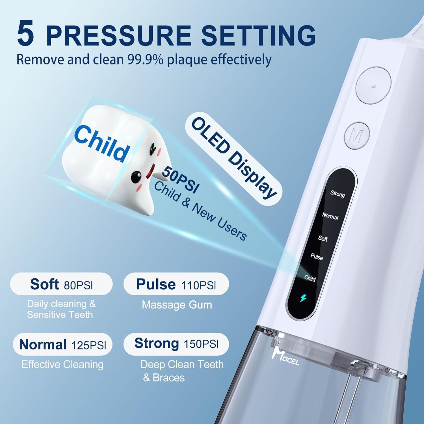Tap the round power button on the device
tap(373, 85)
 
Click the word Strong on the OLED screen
tap(338, 194)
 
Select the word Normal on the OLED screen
tap(330, 216)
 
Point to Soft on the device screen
tap(323, 239)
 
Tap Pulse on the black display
tap(317, 257)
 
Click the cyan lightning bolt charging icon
tap(303, 298)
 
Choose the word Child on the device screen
tap(310, 278)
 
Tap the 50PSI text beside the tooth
tap(180, 180)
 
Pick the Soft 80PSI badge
tap(61, 284)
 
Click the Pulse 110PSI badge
tap(176, 284)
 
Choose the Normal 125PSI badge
tap(62, 345)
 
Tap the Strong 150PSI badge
tap(176, 344)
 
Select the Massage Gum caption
tap(177, 305)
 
